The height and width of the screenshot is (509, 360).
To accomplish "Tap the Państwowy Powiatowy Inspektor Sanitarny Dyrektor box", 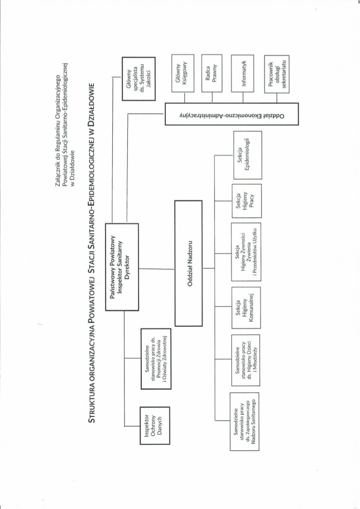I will tap(122, 267).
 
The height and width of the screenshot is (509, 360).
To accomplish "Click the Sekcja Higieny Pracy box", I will tap(245, 200).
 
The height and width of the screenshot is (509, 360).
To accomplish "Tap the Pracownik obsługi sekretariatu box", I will tap(277, 74).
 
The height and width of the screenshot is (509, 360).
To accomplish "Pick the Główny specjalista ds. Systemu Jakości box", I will tap(139, 78).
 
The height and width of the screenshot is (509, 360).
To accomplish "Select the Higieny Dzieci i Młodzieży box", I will tap(245, 360).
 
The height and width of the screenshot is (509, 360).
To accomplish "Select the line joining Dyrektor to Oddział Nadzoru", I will tap(156, 269).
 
